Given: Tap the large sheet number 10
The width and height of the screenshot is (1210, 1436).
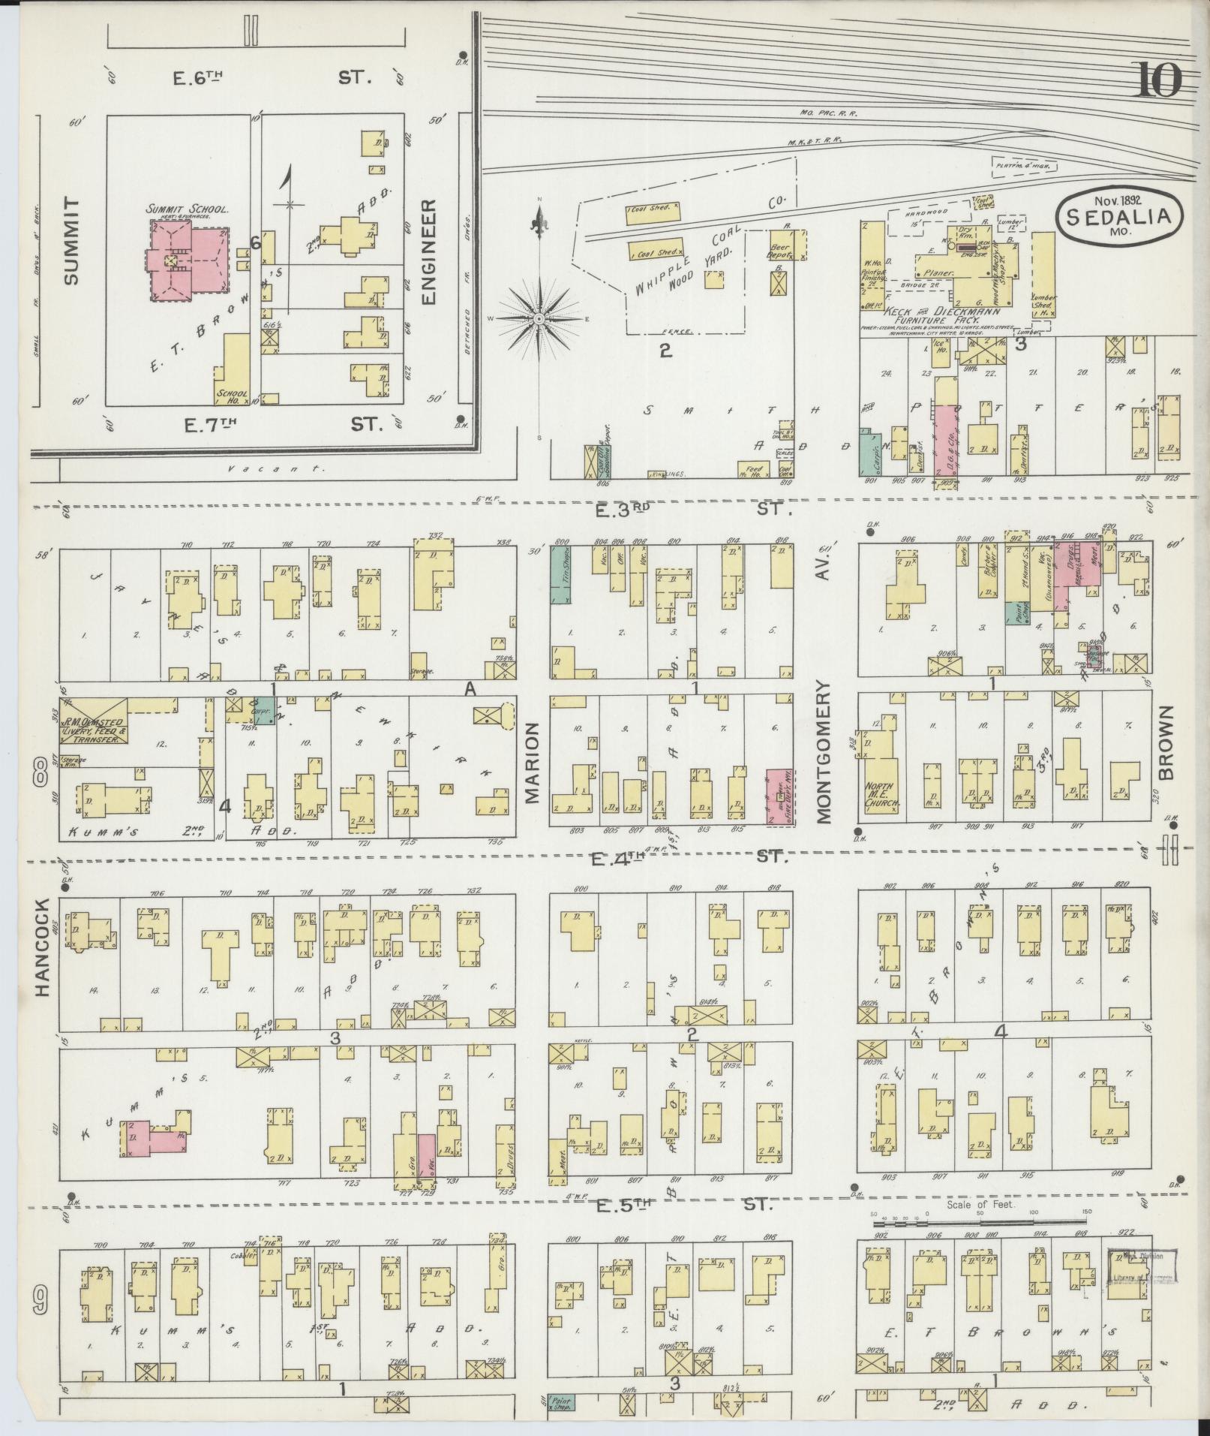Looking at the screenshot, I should pos(1158,81).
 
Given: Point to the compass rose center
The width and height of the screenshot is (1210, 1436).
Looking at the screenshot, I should pos(539,319).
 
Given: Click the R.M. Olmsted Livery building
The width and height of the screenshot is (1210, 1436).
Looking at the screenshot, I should pos(93,721).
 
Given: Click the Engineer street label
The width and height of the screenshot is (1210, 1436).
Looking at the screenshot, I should pos(429,251).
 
